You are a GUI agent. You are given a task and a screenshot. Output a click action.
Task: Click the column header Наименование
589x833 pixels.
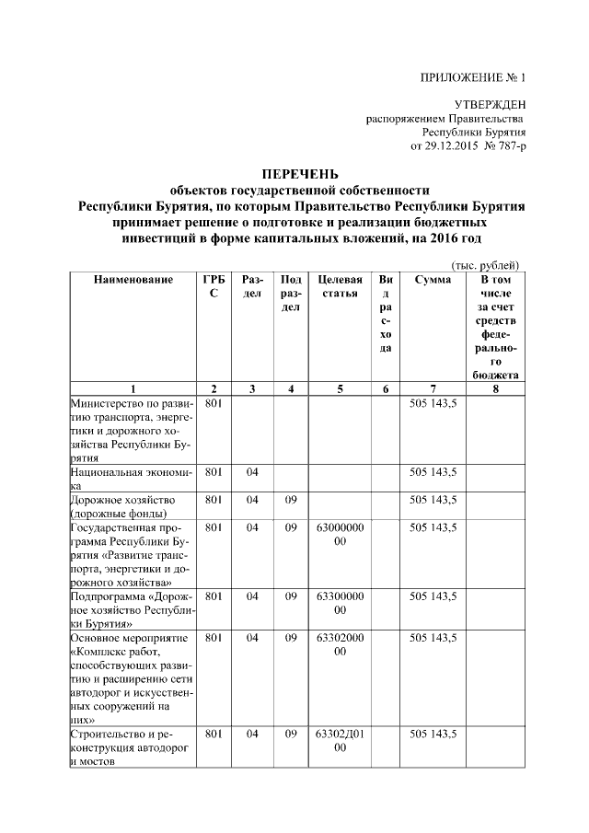(x=133, y=279)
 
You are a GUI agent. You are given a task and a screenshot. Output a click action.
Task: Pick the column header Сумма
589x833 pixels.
(x=433, y=279)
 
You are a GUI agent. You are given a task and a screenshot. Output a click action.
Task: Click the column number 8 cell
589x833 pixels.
(x=496, y=389)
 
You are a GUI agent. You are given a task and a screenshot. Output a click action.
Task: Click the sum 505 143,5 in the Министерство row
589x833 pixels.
(x=433, y=403)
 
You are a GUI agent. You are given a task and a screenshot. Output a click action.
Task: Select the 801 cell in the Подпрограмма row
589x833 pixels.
(x=214, y=596)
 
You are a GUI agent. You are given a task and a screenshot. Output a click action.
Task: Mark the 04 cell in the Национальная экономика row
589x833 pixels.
(x=252, y=472)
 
